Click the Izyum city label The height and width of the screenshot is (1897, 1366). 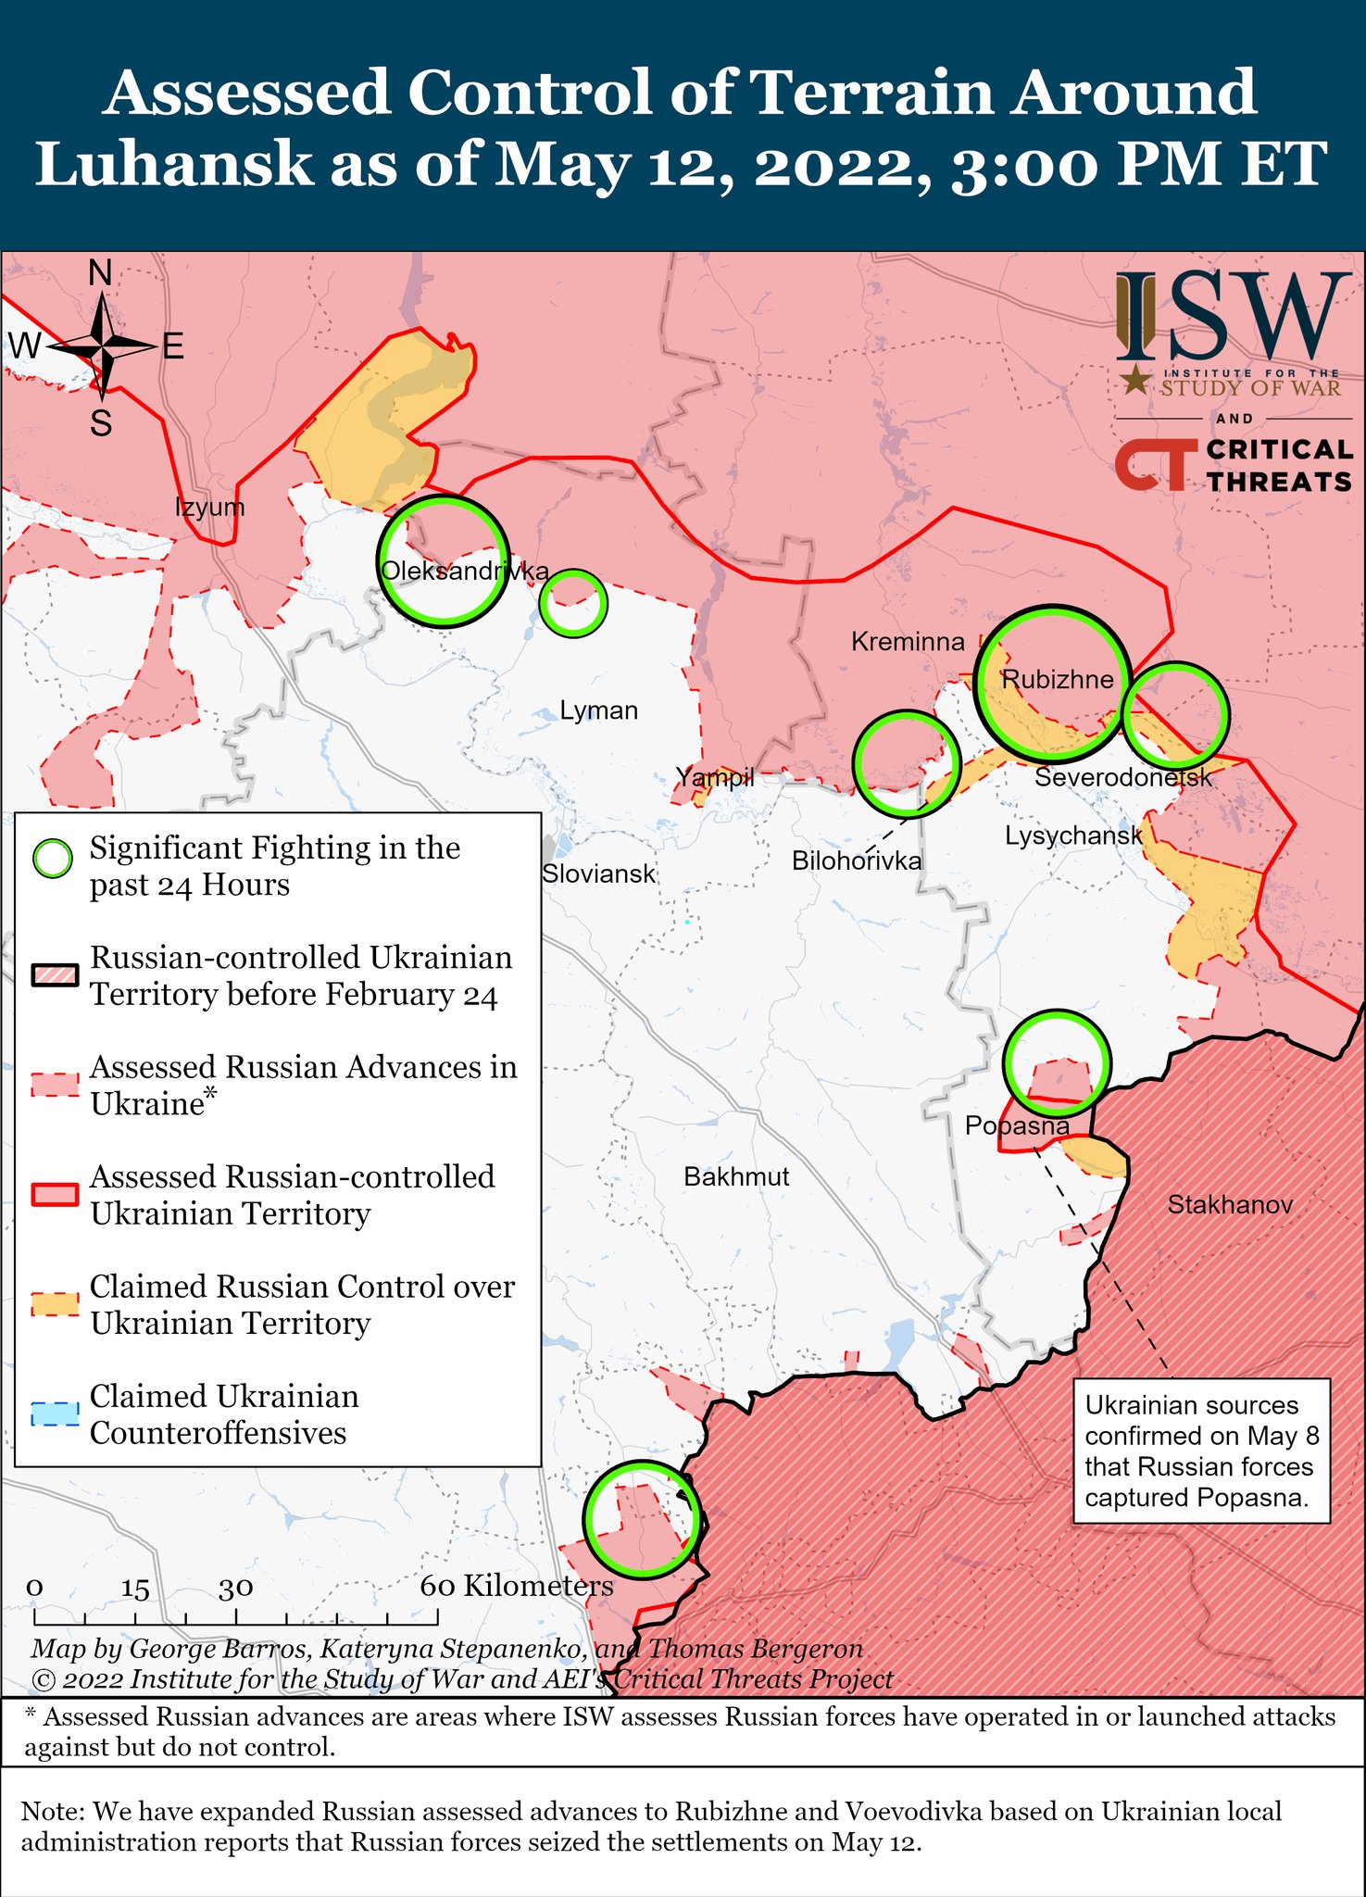(209, 508)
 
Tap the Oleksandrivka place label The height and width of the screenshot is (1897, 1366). (465, 572)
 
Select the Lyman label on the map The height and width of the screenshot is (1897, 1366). (598, 711)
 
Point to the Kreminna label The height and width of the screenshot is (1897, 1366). (907, 642)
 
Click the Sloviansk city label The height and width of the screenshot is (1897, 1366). (598, 873)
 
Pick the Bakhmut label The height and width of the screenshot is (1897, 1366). (736, 1177)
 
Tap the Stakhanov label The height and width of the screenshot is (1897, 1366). (1229, 1205)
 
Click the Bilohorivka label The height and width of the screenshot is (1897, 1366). (856, 861)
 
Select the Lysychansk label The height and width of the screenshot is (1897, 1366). (1073, 836)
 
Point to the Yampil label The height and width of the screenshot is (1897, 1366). (714, 777)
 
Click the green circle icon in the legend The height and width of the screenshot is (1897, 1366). (53, 859)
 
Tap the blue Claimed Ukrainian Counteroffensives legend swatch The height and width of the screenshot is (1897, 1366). (55, 1415)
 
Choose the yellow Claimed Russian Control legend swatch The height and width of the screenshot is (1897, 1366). (55, 1305)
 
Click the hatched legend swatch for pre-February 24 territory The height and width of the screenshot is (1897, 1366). (55, 976)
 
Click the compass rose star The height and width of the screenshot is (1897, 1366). (101, 347)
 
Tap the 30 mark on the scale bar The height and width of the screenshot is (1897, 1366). (236, 1588)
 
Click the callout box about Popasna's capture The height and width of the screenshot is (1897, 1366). (1201, 1451)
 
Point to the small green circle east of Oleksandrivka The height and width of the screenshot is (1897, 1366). (573, 603)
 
